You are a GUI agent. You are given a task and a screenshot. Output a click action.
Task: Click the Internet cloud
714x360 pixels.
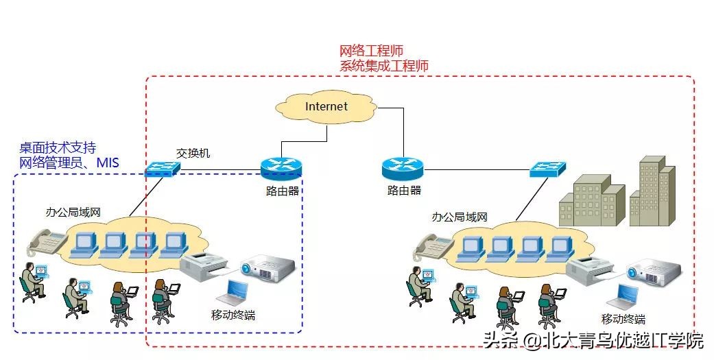(x=326, y=107)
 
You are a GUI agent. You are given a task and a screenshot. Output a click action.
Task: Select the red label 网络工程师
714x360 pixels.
(x=371, y=51)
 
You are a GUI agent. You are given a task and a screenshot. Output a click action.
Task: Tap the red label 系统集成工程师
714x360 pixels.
(x=384, y=66)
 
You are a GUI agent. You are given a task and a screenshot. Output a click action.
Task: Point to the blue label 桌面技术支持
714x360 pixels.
(x=58, y=147)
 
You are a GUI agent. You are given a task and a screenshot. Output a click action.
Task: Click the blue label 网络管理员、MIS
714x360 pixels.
(x=69, y=163)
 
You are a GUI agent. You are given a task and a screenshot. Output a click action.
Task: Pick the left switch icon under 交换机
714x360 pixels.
(x=162, y=167)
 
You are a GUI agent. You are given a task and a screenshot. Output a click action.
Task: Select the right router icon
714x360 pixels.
(x=403, y=167)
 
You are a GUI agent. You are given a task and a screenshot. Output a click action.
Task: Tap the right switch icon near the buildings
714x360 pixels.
(x=546, y=169)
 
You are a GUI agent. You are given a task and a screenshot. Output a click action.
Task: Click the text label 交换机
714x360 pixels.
(x=193, y=153)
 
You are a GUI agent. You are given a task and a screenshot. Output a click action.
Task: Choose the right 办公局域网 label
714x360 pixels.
(x=460, y=217)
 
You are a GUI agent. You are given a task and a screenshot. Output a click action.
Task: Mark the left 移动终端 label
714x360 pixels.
(x=233, y=316)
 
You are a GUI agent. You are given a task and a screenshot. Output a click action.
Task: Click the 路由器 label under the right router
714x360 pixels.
(x=404, y=190)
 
